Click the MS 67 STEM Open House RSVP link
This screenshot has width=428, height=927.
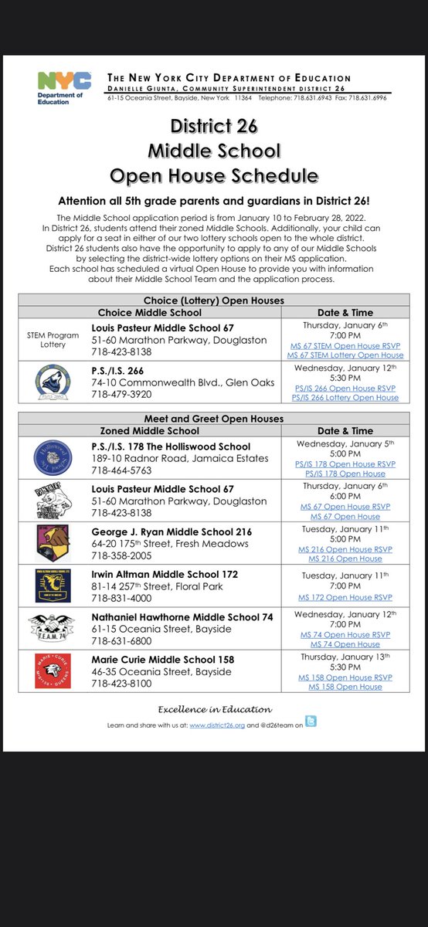pyautogui.click(x=345, y=345)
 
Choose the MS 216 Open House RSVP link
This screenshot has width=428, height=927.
pyautogui.click(x=345, y=549)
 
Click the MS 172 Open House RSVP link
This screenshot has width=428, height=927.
pyautogui.click(x=345, y=597)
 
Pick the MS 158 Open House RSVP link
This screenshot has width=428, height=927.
pyautogui.click(x=345, y=677)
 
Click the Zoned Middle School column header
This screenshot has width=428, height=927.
pyautogui.click(x=149, y=430)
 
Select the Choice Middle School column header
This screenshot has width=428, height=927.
pyautogui.click(x=149, y=313)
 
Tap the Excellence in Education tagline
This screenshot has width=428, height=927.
pyautogui.click(x=215, y=709)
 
